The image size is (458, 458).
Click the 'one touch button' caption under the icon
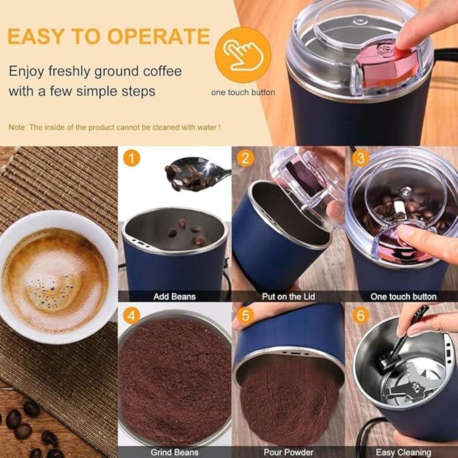point(243,92)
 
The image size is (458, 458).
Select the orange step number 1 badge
point(131,158)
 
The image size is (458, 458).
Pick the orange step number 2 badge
point(245,158)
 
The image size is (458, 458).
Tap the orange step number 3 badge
point(361,158)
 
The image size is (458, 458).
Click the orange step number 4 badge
point(131,316)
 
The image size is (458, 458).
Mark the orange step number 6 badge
point(361,316)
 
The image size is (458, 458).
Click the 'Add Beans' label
point(174,297)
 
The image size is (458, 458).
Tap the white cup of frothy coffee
point(57,277)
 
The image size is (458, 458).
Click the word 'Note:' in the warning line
point(18,127)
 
